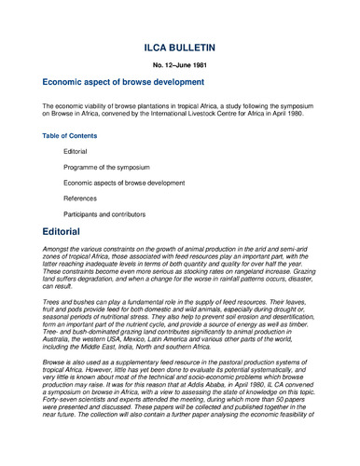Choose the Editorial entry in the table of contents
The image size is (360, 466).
(x=76, y=151)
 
